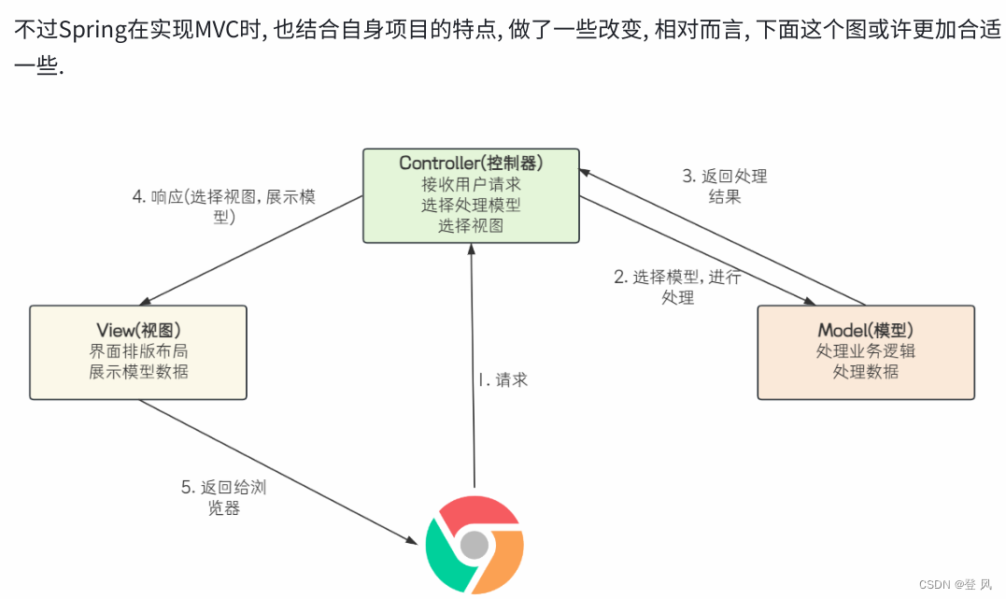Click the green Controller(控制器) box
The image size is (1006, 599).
pyautogui.click(x=471, y=195)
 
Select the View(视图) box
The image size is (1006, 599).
pyautogui.click(x=138, y=352)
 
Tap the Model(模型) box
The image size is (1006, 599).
pyautogui.click(x=865, y=352)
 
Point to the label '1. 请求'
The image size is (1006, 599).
pyautogui.click(x=503, y=379)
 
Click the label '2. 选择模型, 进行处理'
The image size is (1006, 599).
pyautogui.click(x=677, y=287)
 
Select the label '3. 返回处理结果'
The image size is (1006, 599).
pyautogui.click(x=725, y=186)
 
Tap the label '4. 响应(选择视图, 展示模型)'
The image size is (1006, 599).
pyautogui.click(x=224, y=207)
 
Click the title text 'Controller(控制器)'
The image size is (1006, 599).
pyautogui.click(x=471, y=164)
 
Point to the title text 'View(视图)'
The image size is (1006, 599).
pyautogui.click(x=138, y=331)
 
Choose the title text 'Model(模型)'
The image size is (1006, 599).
pyautogui.click(x=865, y=331)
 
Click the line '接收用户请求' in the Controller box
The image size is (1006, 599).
pyautogui.click(x=471, y=184)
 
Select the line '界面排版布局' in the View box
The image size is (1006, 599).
pyautogui.click(x=138, y=351)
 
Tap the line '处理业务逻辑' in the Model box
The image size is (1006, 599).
pyautogui.click(x=865, y=351)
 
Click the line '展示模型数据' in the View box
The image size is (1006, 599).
pyautogui.click(x=138, y=371)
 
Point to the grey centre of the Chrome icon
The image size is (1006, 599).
pyautogui.click(x=475, y=544)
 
